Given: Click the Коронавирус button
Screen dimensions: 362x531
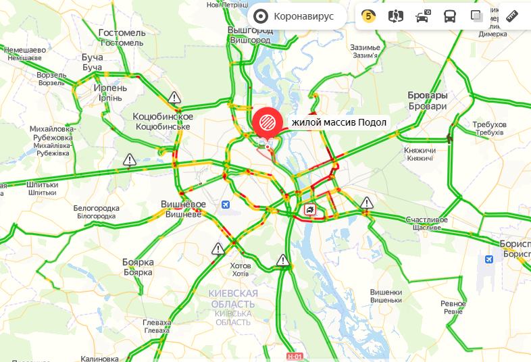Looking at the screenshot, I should point(295,16).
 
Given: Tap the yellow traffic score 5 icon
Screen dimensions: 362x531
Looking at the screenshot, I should point(368,16).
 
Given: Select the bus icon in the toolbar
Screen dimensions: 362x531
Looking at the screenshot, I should point(450,16).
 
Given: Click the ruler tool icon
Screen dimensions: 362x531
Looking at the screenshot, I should point(511,16).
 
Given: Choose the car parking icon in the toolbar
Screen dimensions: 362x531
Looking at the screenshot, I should point(423,16).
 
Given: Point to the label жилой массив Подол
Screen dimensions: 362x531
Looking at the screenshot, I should point(338,122).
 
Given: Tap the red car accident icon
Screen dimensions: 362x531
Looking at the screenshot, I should point(309,209).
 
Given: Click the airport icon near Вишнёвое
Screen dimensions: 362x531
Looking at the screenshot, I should point(226,204).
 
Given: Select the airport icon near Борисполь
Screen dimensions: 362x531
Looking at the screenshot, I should point(489,259).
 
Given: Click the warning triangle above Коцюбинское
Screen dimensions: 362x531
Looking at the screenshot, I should point(175,97).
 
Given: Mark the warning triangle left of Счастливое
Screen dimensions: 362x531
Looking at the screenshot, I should point(366,202).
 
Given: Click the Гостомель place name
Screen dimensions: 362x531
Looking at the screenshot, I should point(122,33).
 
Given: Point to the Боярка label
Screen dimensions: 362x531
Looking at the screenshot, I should point(138,262).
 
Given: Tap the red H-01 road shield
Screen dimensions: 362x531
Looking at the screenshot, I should point(295,356).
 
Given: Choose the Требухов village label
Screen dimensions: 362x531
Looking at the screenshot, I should point(490,125).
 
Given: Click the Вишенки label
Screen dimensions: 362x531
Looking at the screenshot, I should point(386,292).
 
